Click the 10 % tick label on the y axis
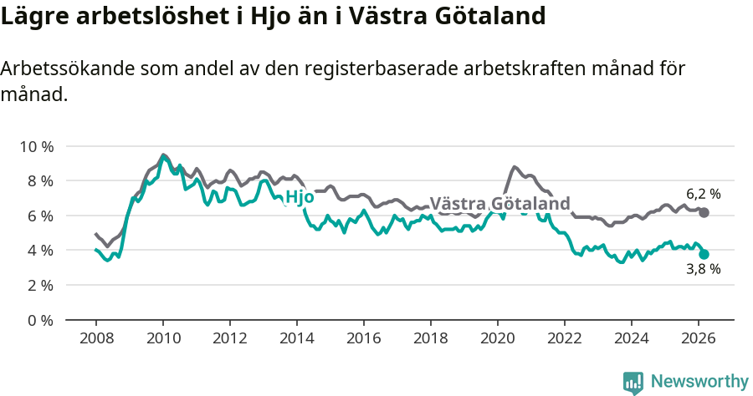(36, 146)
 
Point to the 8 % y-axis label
(39, 181)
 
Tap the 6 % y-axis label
(39, 216)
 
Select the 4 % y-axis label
(39, 251)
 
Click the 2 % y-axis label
(39, 286)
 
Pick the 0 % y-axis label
(39, 320)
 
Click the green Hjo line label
(300, 198)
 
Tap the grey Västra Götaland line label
(499, 204)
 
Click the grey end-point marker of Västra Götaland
(704, 213)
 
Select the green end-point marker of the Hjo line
(704, 254)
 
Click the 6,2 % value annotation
(704, 194)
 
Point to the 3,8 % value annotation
(704, 270)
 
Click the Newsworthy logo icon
(633, 382)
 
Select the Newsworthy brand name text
(699, 382)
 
